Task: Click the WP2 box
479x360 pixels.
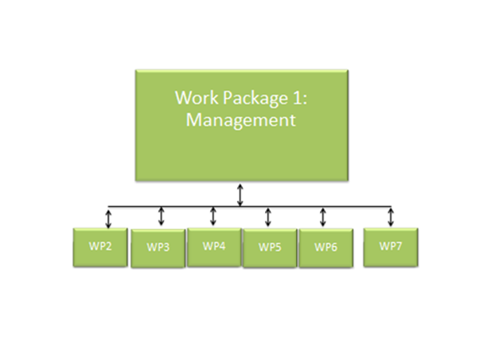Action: coord(99,246)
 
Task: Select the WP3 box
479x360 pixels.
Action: coord(158,248)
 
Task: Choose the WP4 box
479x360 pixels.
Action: coord(213,246)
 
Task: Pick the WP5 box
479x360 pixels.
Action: coord(270,248)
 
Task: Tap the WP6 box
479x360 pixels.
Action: coord(325,248)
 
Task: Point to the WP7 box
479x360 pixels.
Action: coord(391,246)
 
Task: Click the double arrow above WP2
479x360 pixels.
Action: coord(108,217)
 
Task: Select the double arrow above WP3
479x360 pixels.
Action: coord(162,217)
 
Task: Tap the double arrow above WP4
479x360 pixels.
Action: coord(213,217)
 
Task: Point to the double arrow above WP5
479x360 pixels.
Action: coord(268,217)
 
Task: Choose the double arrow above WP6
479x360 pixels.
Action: coord(323,217)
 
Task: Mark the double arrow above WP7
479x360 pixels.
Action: coord(391,217)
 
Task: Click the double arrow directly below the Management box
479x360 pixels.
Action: coord(240,194)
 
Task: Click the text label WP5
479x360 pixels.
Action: coord(270,247)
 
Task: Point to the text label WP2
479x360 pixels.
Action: coord(99,245)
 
